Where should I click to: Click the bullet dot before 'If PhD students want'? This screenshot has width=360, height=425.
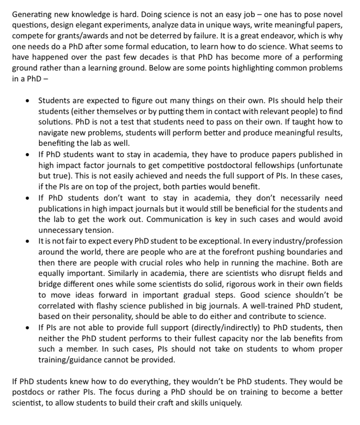pos(28,154)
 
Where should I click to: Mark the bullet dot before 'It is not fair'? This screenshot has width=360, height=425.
pos(28,241)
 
